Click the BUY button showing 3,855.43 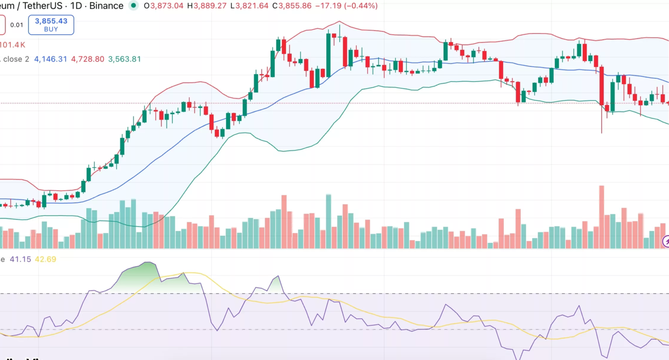pos(51,25)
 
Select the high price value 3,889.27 pos(211,6)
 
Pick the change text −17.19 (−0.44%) pos(348,6)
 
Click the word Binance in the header pos(106,6)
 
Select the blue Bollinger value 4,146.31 pos(50,59)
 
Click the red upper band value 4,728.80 pos(87,59)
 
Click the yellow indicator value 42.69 pos(45,259)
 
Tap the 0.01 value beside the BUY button pos(16,25)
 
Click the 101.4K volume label pos(12,45)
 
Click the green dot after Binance pos(134,6)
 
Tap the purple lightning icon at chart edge pos(666,241)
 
